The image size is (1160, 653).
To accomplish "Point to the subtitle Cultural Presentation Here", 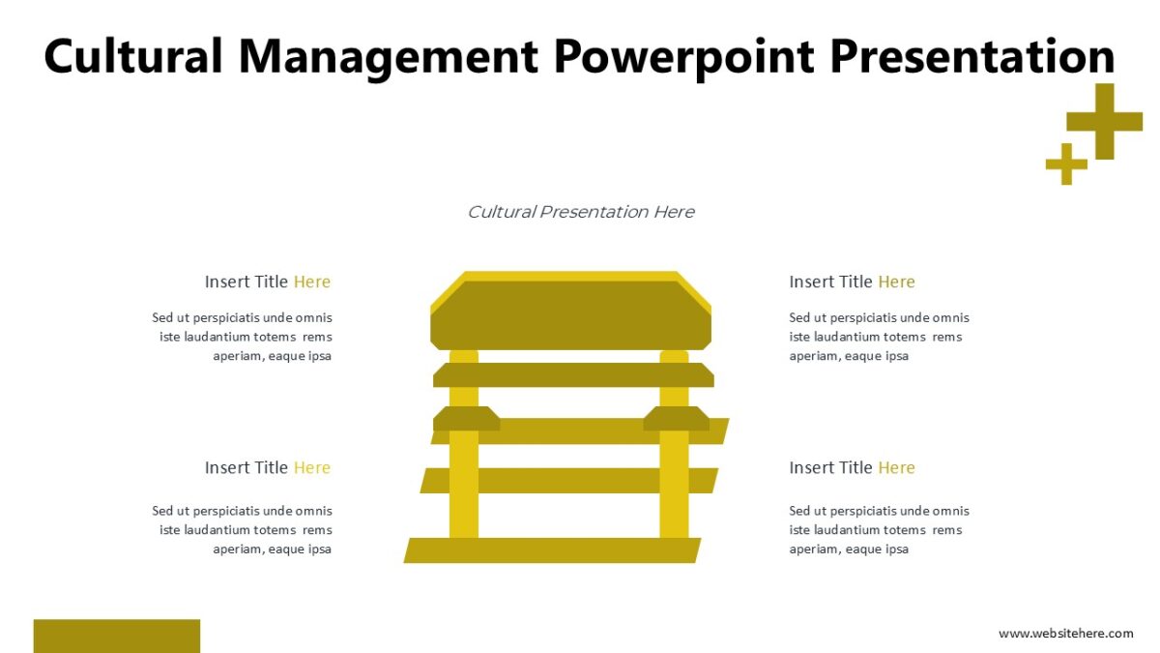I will tap(580, 212).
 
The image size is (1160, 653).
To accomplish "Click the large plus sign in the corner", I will tap(1090, 122).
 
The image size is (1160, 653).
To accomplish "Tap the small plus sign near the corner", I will tap(1066, 163).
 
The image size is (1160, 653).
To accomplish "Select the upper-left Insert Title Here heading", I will tap(267, 282).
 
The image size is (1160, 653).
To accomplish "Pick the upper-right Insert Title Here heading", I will tap(852, 282).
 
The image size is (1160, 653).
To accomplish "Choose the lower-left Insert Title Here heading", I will tap(267, 467).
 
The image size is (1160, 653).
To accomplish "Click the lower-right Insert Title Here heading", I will tap(852, 467).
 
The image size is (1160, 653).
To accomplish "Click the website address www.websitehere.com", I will tap(1065, 633).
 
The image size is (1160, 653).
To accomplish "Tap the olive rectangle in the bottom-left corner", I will tap(116, 636).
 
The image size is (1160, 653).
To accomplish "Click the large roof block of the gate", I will tap(570, 313).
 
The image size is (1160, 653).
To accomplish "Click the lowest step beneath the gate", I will tap(552, 550).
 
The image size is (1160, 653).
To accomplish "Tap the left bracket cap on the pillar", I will tap(466, 419).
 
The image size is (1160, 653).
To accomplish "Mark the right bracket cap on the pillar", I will tap(676, 419).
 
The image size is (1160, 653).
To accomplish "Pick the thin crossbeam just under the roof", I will tap(573, 375).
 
